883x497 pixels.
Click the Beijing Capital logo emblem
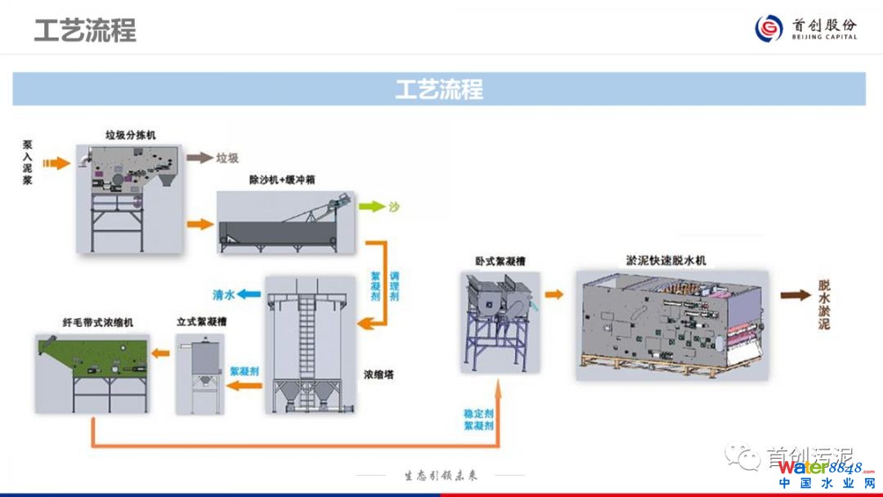point(769,29)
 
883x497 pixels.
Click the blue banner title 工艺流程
point(439,89)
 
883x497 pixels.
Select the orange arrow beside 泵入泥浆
point(56,163)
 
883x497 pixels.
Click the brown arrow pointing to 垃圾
point(199,158)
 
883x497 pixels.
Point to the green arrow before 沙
point(371,207)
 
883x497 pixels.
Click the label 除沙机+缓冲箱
point(282,179)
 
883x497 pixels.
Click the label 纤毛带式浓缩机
point(97,323)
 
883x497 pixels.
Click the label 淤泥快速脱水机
point(666,261)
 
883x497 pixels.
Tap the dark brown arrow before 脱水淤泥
point(791,296)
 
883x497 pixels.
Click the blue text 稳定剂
point(478,414)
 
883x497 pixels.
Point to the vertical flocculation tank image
point(200,368)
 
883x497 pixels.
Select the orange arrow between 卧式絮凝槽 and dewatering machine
point(554,294)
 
